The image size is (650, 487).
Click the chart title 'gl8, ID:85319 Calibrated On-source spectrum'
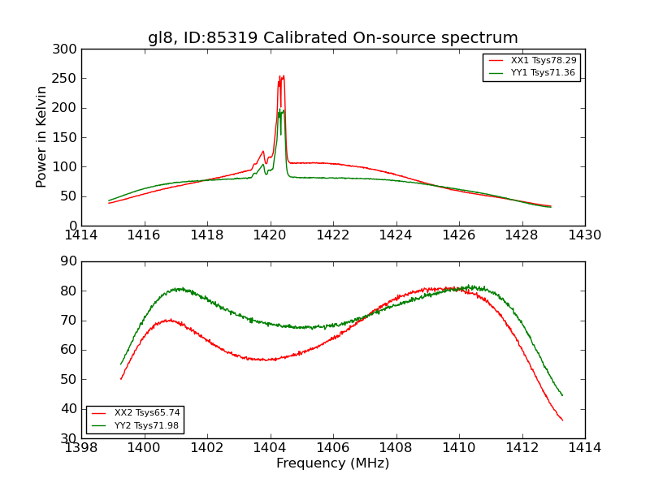click(332, 38)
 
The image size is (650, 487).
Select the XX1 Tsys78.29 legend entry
click(531, 61)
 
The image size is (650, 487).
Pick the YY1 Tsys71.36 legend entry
click(531, 73)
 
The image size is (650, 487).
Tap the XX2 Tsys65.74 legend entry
click(135, 413)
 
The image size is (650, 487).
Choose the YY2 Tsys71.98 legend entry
click(135, 425)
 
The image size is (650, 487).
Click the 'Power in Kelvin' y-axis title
click(41, 137)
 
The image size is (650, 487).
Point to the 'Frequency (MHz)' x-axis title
click(332, 463)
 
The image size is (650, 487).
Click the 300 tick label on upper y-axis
click(67, 50)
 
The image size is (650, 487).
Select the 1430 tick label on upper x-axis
click(584, 235)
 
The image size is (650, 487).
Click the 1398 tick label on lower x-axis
click(81, 448)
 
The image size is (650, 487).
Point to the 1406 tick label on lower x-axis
click(333, 448)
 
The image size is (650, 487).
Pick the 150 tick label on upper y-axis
click(67, 137)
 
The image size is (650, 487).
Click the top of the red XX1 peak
click(281, 76)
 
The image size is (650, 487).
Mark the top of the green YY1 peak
click(279, 109)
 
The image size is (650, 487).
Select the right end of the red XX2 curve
click(562, 420)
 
